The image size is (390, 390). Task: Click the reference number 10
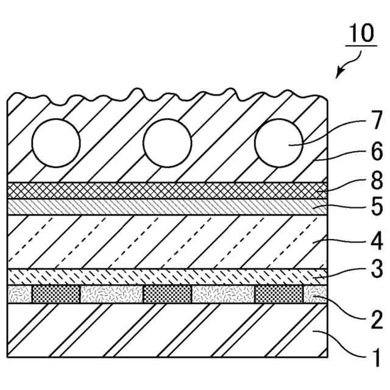[x=362, y=34]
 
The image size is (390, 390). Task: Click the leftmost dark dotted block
[x=56, y=294]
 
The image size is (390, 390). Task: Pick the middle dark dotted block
[x=167, y=294]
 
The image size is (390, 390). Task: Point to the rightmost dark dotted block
[x=278, y=294]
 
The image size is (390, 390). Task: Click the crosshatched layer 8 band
[x=165, y=190]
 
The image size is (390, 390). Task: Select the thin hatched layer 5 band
[x=165, y=207]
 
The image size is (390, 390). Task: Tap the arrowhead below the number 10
[x=339, y=74]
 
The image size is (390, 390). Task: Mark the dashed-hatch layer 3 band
[x=165, y=276]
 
